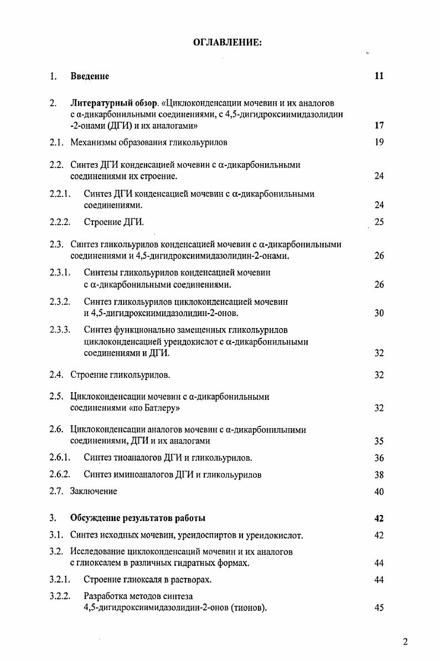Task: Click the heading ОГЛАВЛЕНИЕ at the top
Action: pyautogui.click(x=227, y=43)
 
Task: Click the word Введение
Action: pyautogui.click(x=90, y=76)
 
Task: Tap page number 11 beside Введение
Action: pyautogui.click(x=379, y=76)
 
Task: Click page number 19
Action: pyautogui.click(x=379, y=143)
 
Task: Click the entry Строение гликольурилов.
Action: pyautogui.click(x=120, y=375)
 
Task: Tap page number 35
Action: pyautogui.click(x=379, y=441)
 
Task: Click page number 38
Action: pyautogui.click(x=379, y=475)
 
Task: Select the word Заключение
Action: pyautogui.click(x=94, y=491)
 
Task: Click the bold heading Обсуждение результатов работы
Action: pyautogui.click(x=138, y=518)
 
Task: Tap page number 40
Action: pyautogui.click(x=379, y=491)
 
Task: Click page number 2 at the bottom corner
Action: pyautogui.click(x=405, y=642)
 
